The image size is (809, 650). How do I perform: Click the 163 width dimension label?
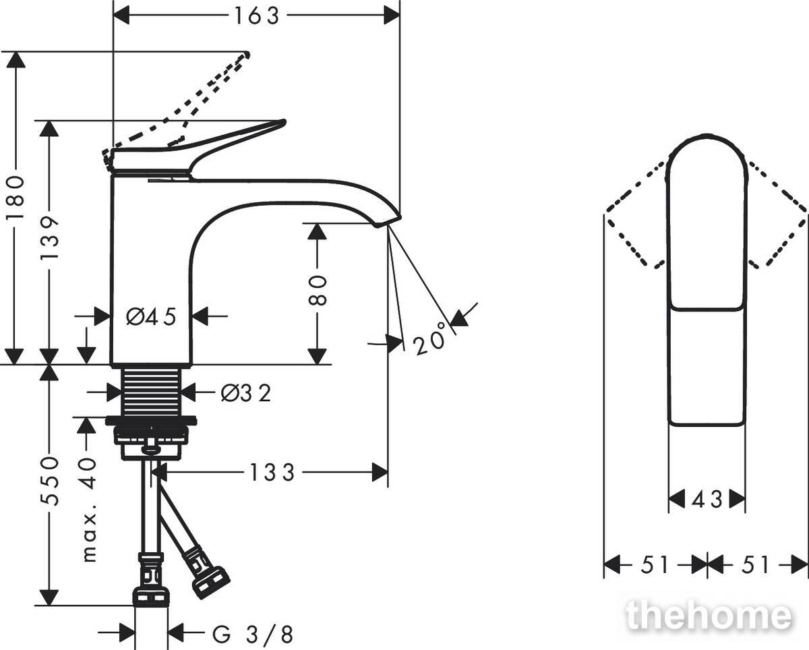click(x=257, y=16)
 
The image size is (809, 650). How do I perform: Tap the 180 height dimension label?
click(x=16, y=198)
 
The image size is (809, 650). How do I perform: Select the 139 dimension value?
click(x=50, y=238)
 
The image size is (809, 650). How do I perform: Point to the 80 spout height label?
click(x=317, y=290)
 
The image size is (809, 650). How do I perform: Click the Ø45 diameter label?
click(x=151, y=316)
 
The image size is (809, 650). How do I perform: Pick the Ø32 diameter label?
click(x=246, y=394)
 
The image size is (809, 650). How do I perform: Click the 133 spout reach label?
click(x=272, y=472)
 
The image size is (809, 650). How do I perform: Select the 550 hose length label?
click(x=50, y=481)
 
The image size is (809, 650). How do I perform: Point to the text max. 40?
click(x=89, y=510)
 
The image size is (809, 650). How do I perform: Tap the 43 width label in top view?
click(x=707, y=500)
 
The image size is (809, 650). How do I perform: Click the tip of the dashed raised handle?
click(x=247, y=55)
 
